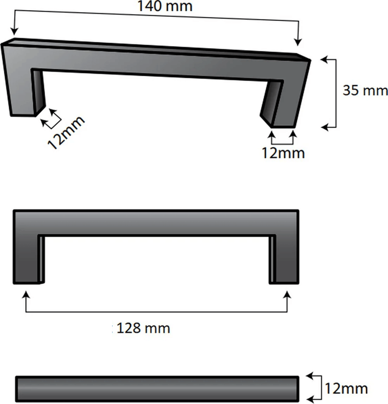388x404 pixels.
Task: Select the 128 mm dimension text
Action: (144, 328)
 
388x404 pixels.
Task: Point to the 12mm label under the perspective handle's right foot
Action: (283, 153)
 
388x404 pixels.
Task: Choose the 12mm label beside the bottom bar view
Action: (346, 388)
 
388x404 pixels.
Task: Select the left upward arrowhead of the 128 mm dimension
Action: (25, 294)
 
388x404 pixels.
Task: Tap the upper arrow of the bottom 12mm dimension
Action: (310, 376)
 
